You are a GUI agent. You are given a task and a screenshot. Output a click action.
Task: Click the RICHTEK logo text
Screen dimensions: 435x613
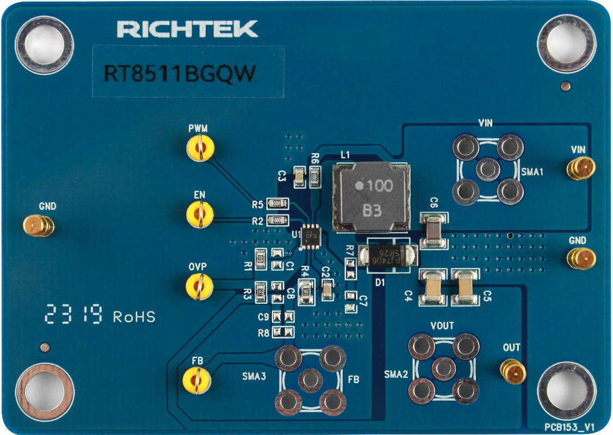coord(187,29)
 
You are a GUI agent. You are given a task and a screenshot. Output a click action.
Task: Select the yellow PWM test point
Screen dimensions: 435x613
coord(200,148)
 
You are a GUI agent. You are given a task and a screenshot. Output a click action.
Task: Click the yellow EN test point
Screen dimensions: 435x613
coord(200,213)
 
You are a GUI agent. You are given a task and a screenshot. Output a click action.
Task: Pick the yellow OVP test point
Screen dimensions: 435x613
coord(200,286)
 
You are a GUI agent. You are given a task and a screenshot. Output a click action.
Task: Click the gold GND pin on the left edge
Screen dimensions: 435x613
coord(38,225)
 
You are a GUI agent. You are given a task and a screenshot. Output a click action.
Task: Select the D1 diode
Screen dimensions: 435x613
coord(392,255)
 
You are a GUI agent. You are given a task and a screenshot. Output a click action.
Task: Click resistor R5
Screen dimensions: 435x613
coord(277,204)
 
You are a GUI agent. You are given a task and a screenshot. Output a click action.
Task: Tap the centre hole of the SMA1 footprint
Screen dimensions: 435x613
coord(488,169)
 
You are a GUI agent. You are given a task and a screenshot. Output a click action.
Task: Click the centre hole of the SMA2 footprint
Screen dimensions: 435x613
coord(443,369)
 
